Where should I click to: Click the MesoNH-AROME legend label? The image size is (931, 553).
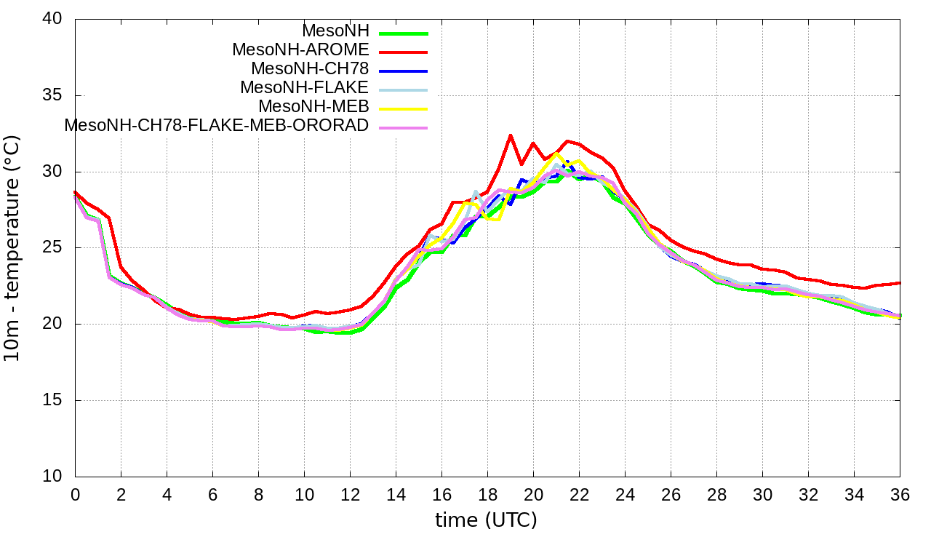pyautogui.click(x=300, y=50)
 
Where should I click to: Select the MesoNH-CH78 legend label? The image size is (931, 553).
pyautogui.click(x=310, y=69)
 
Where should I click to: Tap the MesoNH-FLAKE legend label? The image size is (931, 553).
pyautogui.click(x=305, y=87)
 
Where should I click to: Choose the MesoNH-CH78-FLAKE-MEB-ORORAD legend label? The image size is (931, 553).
pyautogui.click(x=217, y=125)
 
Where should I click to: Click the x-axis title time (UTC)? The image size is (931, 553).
pyautogui.click(x=486, y=520)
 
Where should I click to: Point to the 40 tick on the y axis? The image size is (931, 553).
pyautogui.click(x=60, y=20)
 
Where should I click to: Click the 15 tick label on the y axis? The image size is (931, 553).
pyautogui.click(x=60, y=400)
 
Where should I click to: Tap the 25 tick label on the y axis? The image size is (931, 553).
pyautogui.click(x=60, y=248)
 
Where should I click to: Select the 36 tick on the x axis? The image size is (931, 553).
pyautogui.click(x=900, y=495)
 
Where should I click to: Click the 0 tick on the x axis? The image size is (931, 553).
pyautogui.click(x=75, y=495)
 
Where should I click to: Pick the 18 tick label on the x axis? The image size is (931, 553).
pyautogui.click(x=487, y=495)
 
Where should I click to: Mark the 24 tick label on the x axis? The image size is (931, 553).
pyautogui.click(x=625, y=495)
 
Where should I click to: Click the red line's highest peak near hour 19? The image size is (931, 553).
pyautogui.click(x=511, y=135)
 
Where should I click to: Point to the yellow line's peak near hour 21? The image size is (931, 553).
pyautogui.click(x=556, y=154)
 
